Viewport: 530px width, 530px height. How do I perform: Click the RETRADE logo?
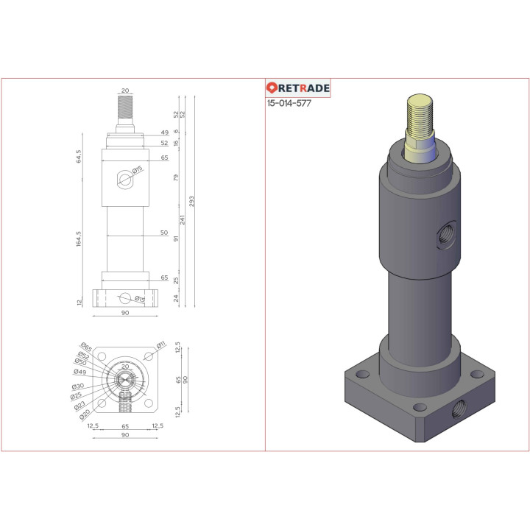point(298,88)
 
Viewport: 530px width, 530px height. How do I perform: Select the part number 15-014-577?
point(289,104)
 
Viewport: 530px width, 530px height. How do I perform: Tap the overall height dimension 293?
point(193,202)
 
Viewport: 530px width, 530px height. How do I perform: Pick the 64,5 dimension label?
point(79,156)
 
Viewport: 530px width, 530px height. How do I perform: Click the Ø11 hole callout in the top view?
point(160,345)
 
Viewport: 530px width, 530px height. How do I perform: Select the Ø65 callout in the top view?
point(85,347)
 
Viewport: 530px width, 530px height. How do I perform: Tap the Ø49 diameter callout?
point(80,372)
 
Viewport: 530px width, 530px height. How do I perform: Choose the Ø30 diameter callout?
point(77,386)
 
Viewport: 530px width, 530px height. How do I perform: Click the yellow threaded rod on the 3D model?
point(422,121)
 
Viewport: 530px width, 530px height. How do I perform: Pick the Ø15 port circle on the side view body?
point(124,179)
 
